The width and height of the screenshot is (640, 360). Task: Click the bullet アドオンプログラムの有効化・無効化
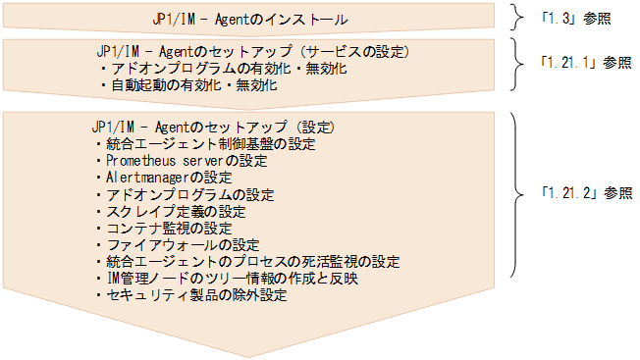[x=223, y=70]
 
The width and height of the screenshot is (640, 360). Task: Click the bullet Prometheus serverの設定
[x=186, y=160]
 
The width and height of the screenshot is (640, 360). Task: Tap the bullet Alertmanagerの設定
[x=164, y=178]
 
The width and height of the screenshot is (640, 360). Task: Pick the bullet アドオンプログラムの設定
[x=185, y=194]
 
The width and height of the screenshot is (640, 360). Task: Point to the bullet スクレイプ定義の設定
[x=176, y=211]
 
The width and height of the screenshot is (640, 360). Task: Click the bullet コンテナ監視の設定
[x=168, y=228]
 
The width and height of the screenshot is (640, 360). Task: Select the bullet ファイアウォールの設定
[x=176, y=244]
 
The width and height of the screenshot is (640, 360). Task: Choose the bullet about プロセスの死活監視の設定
[x=248, y=261]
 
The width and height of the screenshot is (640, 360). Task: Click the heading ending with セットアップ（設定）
[x=213, y=127]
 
